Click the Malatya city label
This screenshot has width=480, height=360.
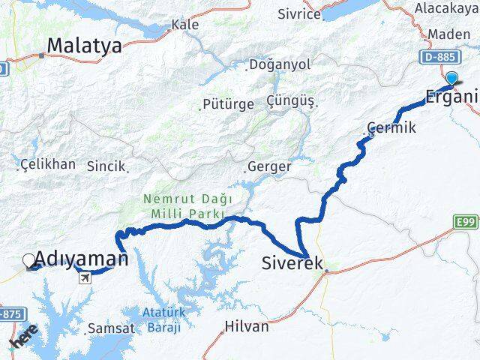pyautogui.click(x=84, y=46)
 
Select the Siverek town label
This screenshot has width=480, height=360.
pyautogui.click(x=292, y=263)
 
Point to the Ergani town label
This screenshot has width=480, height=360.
pyautogui.click(x=449, y=96)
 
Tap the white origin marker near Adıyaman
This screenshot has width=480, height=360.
pyautogui.click(x=29, y=260)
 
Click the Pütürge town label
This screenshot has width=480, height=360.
pyautogui.click(x=228, y=104)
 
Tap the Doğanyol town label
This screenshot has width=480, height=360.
pyautogui.click(x=278, y=65)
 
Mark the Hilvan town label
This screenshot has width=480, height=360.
pyautogui.click(x=247, y=326)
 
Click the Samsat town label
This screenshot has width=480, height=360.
pyautogui.click(x=111, y=328)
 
